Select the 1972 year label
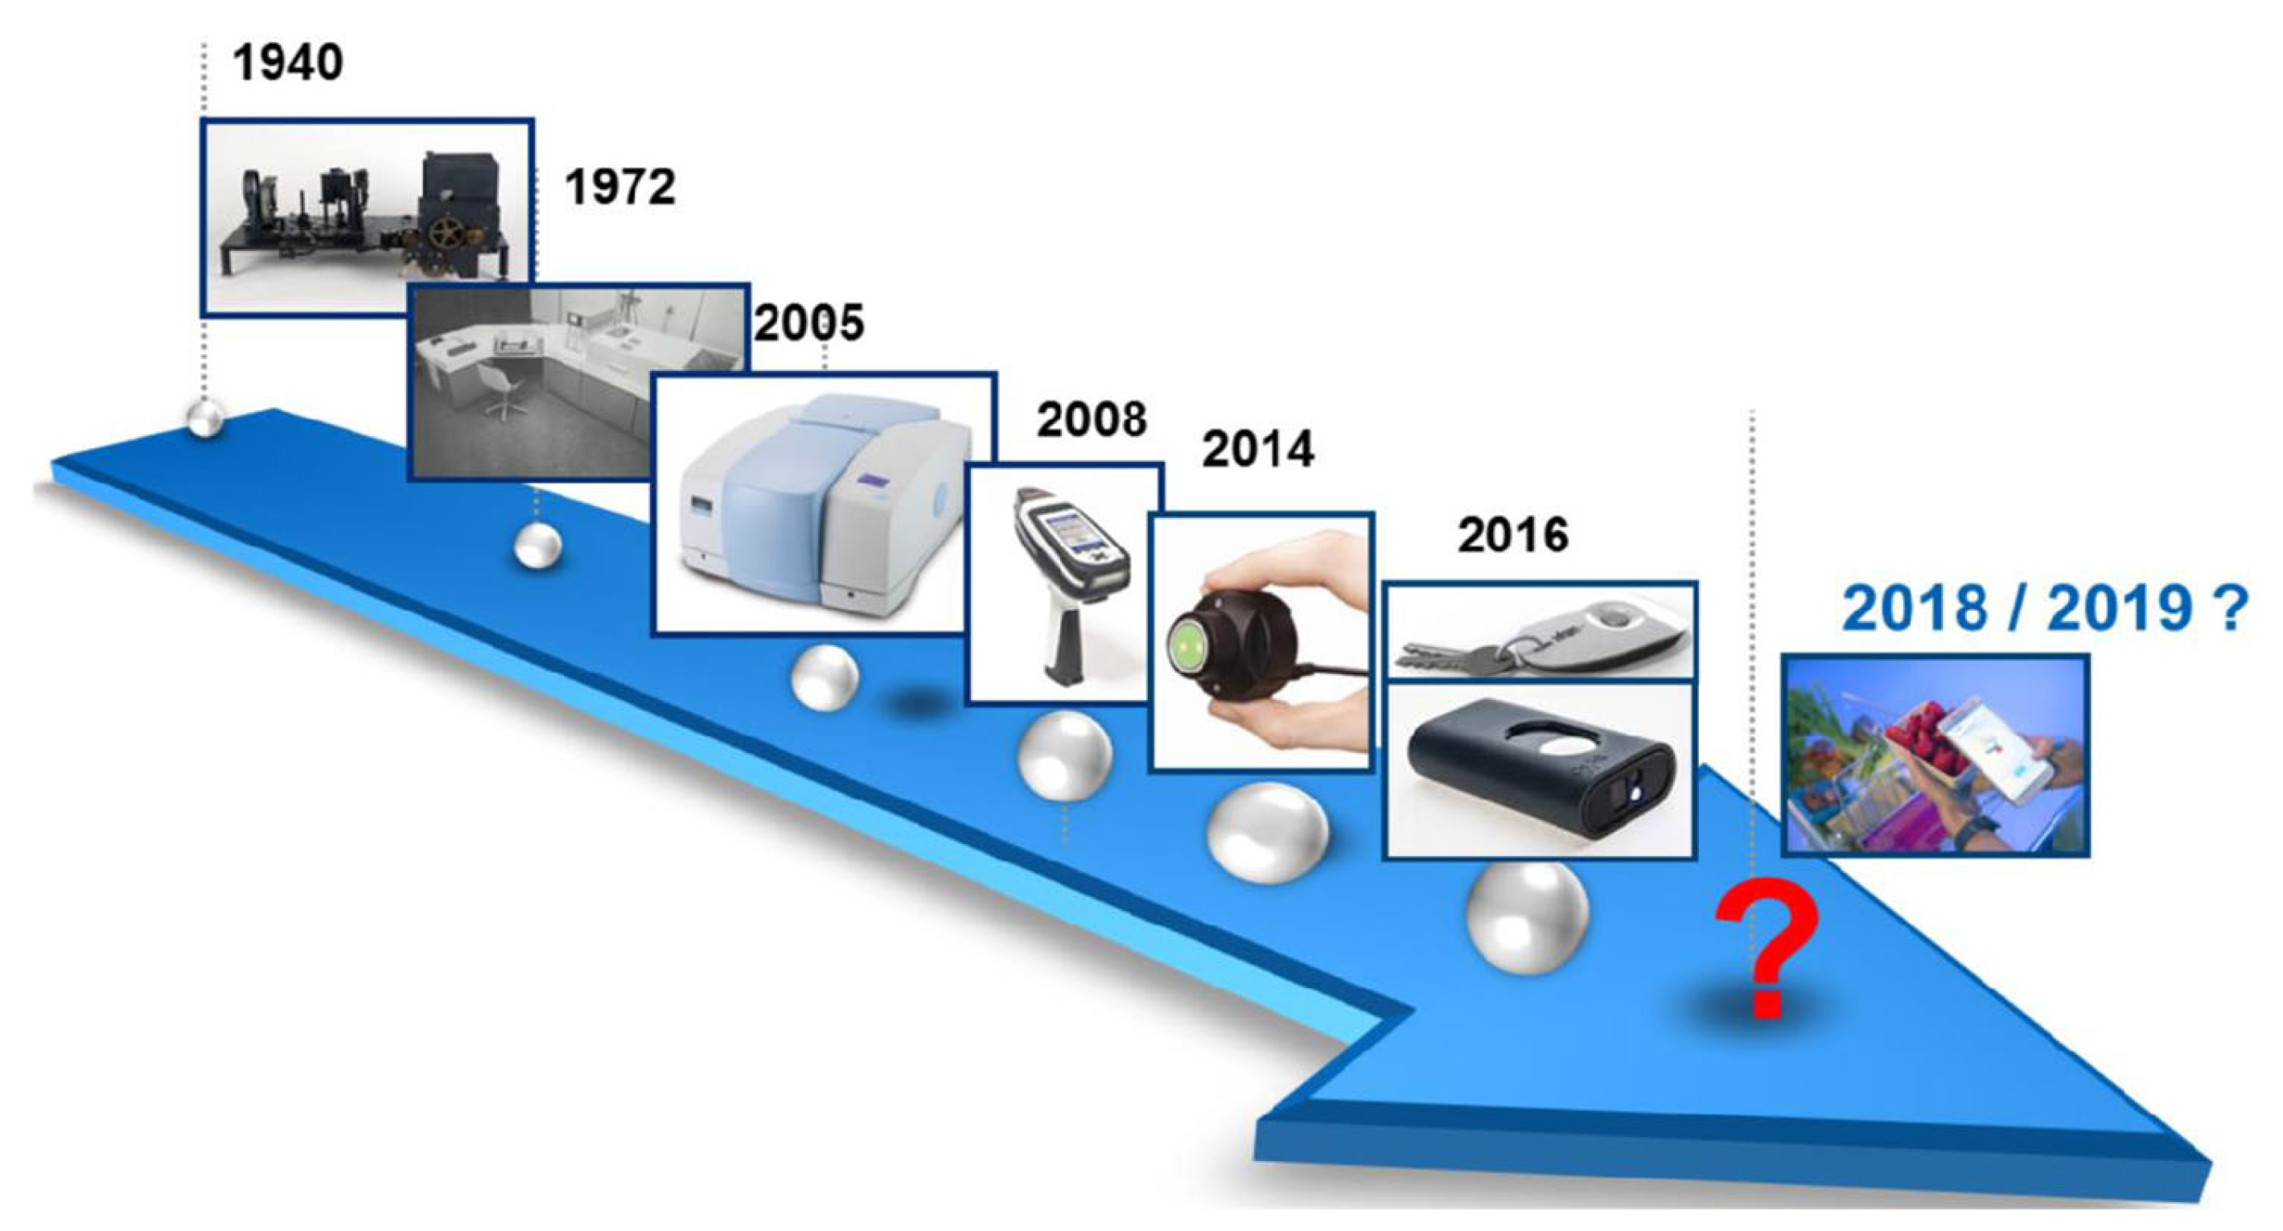tap(620, 187)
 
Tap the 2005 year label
tap(809, 323)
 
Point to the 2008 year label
tap(1092, 419)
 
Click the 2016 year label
tap(1513, 535)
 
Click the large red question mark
tap(1767, 949)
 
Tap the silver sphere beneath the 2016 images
tap(1526, 917)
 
